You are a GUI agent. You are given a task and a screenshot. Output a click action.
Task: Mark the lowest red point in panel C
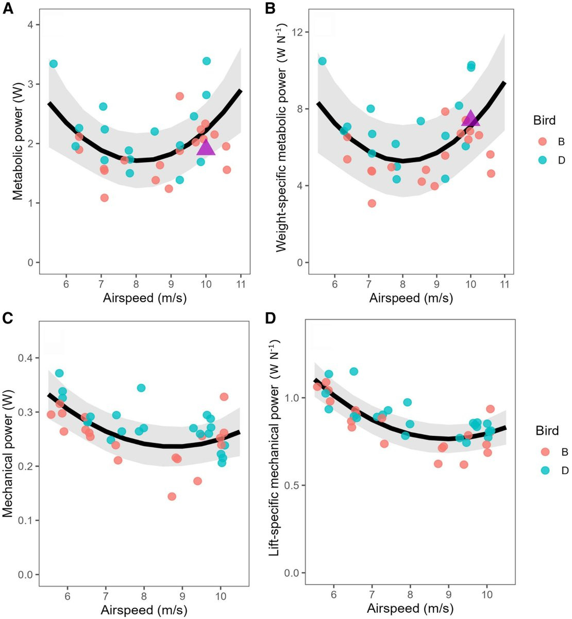point(172,496)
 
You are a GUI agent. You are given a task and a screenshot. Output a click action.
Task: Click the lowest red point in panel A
point(105,198)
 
